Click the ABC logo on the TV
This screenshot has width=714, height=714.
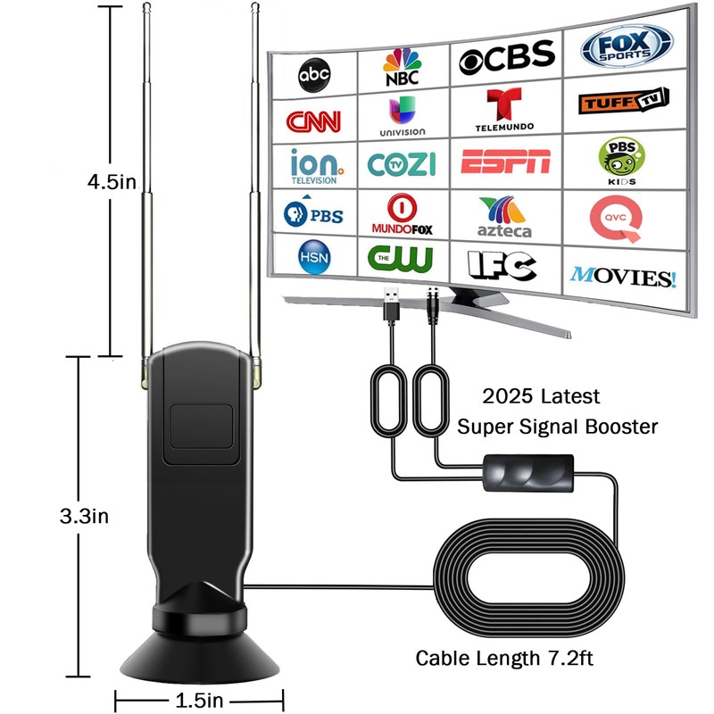click(x=314, y=76)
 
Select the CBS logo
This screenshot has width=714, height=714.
click(x=506, y=59)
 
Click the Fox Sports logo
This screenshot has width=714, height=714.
click(x=627, y=45)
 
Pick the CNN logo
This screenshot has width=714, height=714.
click(x=313, y=120)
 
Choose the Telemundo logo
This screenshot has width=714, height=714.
click(x=505, y=111)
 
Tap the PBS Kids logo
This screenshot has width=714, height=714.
click(x=621, y=159)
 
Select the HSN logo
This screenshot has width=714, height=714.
click(x=313, y=255)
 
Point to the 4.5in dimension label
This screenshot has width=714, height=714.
click(x=111, y=182)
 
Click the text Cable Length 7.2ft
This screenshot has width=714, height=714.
click(x=505, y=659)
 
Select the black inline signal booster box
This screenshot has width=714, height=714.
click(x=527, y=471)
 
